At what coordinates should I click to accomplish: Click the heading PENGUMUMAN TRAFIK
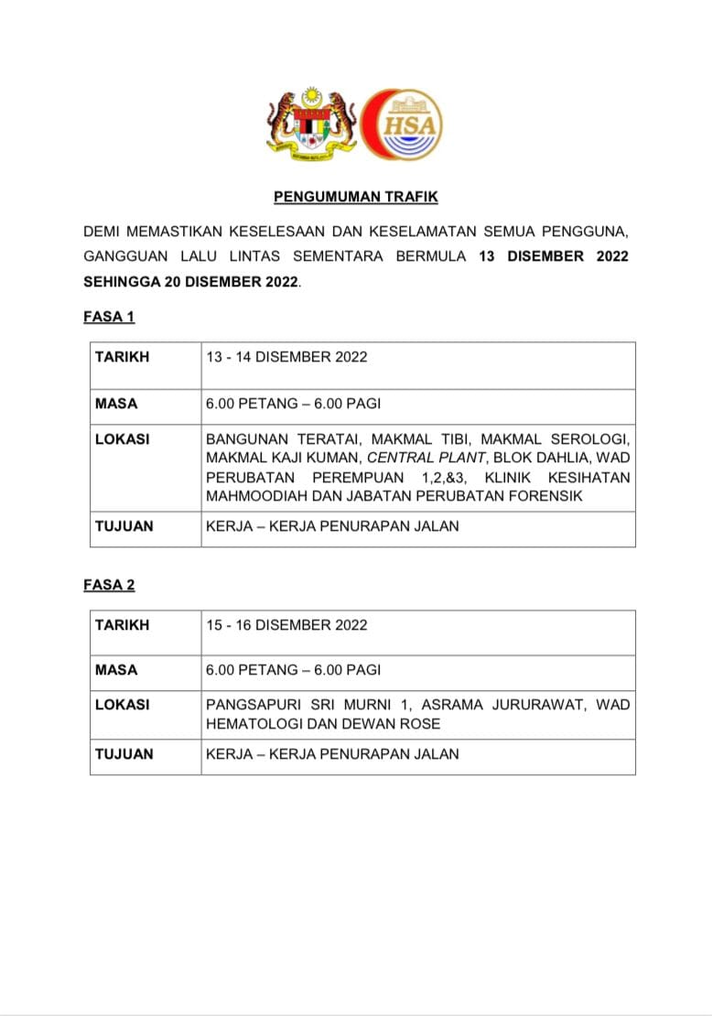click(x=356, y=196)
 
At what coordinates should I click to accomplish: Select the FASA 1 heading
click(x=109, y=317)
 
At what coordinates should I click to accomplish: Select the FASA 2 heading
click(x=109, y=585)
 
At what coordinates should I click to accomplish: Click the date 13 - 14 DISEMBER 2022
click(x=286, y=357)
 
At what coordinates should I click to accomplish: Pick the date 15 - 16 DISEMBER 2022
click(x=286, y=625)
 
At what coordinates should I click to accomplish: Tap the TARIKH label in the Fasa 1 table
click(x=122, y=357)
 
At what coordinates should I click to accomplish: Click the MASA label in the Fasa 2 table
click(x=116, y=670)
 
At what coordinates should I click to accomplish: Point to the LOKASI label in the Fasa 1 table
click(x=123, y=439)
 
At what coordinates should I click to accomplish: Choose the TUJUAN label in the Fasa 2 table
click(x=124, y=754)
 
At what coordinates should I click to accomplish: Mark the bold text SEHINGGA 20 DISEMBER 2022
click(x=190, y=281)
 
